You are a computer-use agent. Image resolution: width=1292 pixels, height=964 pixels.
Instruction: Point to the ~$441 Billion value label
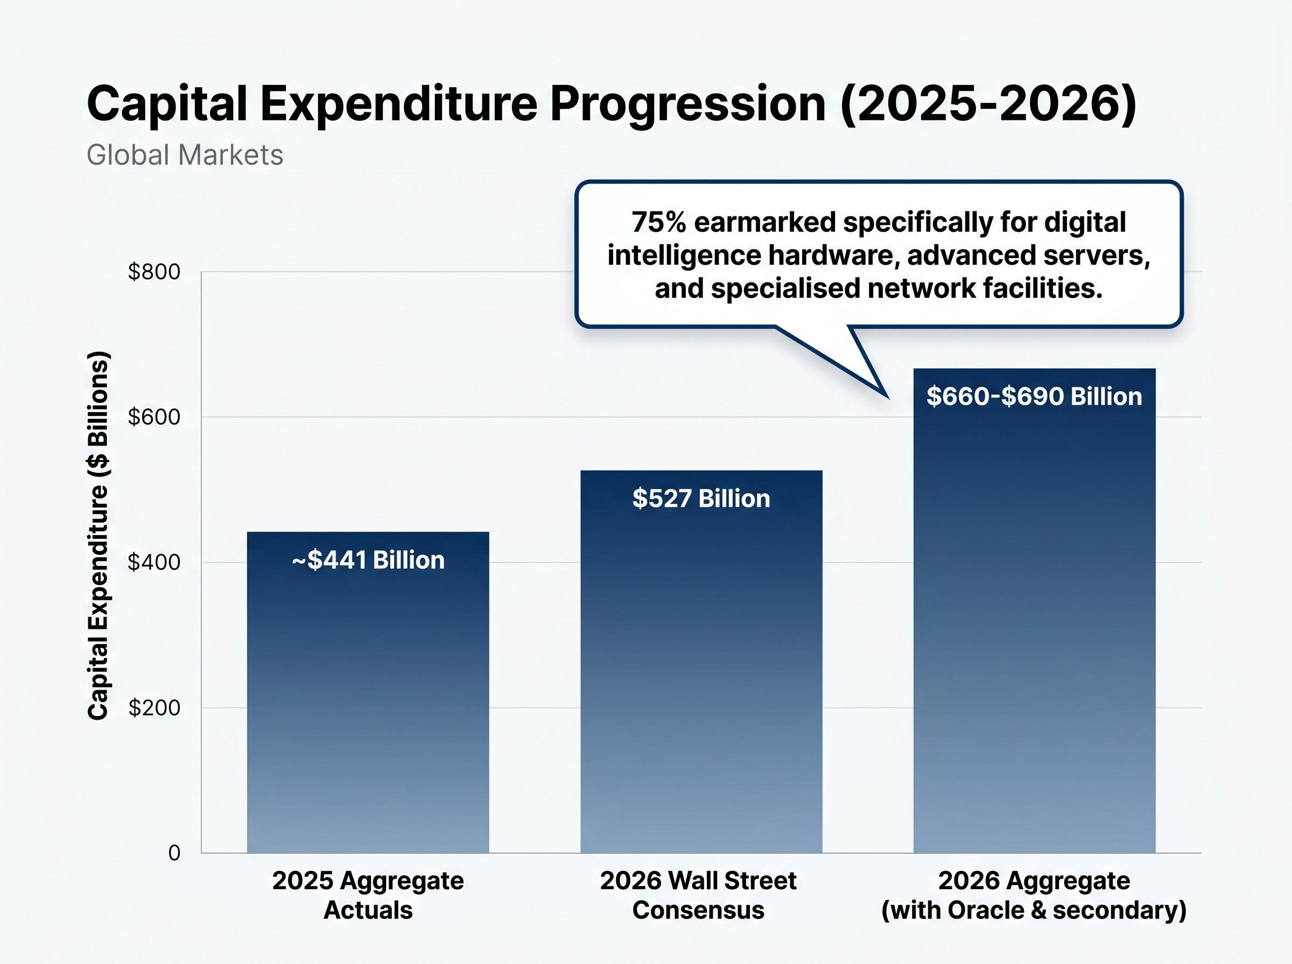[x=368, y=560]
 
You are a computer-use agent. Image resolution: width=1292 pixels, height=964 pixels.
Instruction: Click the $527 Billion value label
[x=701, y=499]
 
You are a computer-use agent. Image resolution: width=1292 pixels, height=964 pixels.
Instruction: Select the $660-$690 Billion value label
[x=1034, y=397]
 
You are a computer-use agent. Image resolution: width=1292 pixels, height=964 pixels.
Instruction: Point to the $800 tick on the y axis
[x=154, y=272]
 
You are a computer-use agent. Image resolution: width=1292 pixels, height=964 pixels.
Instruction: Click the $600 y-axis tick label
[x=154, y=417]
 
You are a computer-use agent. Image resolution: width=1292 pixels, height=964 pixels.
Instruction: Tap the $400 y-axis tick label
[x=154, y=563]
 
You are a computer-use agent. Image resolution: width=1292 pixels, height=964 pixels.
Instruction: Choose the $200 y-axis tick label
[x=154, y=708]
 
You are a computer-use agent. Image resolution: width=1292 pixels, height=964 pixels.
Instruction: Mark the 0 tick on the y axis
[x=174, y=853]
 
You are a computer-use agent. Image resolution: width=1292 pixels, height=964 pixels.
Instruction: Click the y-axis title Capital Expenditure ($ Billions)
[x=98, y=536]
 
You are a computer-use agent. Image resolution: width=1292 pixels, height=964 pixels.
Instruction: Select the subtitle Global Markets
[x=185, y=155]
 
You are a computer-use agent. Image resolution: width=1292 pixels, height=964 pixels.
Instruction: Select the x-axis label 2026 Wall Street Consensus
[x=698, y=895]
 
